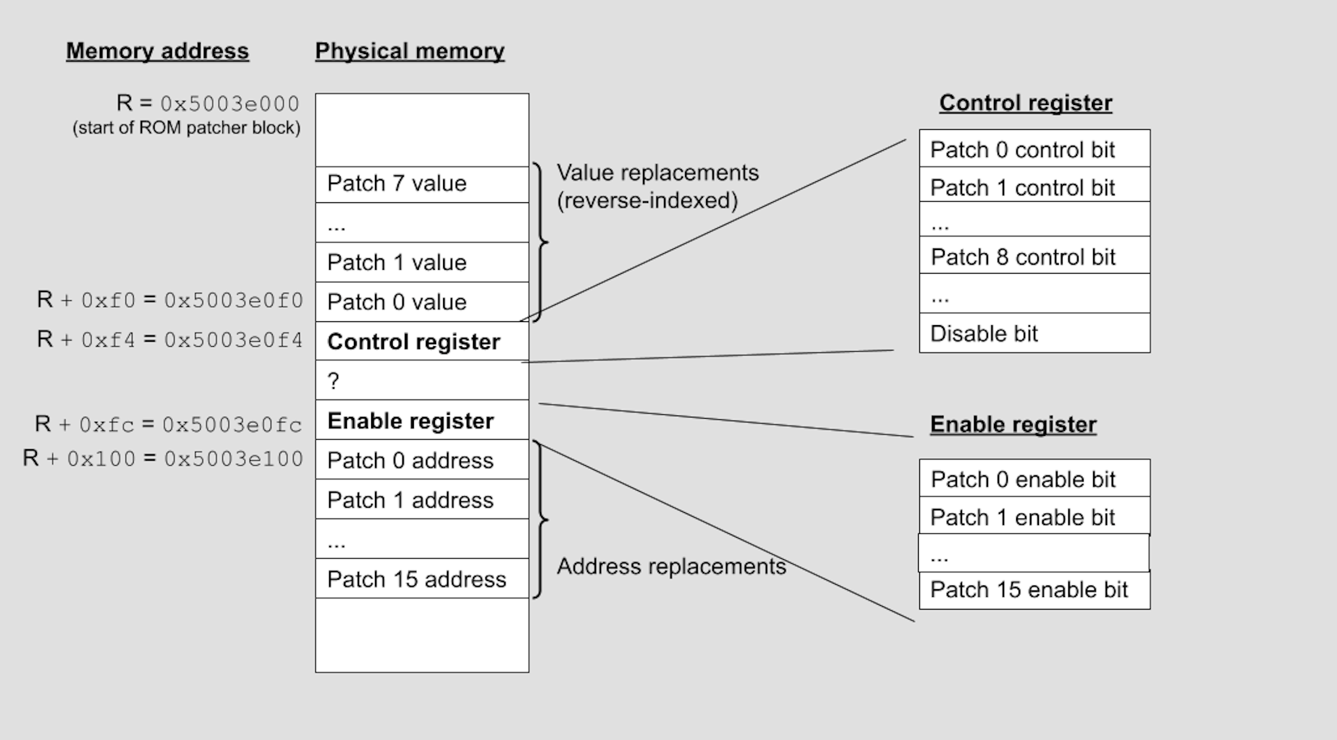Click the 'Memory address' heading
tap(157, 51)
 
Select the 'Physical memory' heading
tap(409, 51)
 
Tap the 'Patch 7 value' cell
tap(421, 184)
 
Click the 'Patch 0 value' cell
tap(421, 302)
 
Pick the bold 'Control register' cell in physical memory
tap(421, 342)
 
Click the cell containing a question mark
tap(421, 381)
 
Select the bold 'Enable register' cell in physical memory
tap(421, 421)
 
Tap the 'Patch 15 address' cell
tap(421, 579)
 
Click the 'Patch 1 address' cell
tap(421, 500)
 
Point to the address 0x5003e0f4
tap(234, 340)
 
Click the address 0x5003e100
tap(234, 459)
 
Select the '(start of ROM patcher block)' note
tap(186, 128)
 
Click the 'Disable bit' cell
tap(1034, 333)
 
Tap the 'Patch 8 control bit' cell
tap(1034, 256)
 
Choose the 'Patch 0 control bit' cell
tap(1034, 150)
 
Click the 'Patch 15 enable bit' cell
tap(1034, 590)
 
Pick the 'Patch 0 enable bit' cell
tap(1034, 479)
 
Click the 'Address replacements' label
tap(671, 566)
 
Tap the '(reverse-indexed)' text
tap(647, 200)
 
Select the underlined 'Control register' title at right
tap(1025, 103)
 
